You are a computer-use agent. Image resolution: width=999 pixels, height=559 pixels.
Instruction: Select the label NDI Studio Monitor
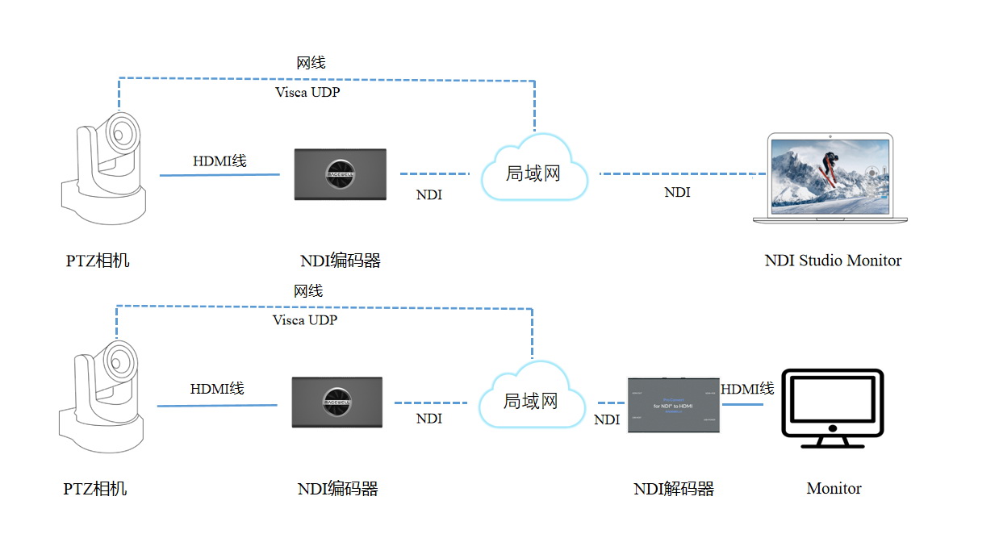pos(833,261)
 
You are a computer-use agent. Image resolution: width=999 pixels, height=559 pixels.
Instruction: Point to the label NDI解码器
pos(674,489)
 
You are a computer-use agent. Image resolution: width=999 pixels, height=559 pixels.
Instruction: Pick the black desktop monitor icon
pos(834,408)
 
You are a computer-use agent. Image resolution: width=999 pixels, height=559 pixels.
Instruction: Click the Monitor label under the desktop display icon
pos(834,489)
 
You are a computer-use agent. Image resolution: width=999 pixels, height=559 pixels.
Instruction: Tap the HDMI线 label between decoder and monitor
pos(747,389)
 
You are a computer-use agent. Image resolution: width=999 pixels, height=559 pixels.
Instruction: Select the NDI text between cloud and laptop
pos(677,193)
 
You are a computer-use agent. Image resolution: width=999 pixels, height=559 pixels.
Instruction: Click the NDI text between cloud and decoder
pos(607,419)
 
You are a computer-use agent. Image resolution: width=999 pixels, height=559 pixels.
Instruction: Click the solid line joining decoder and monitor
pos(742,403)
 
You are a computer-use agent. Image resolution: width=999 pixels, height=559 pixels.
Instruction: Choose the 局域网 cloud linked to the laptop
pos(533,172)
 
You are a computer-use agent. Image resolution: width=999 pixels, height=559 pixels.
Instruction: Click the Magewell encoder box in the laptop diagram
pos(340,174)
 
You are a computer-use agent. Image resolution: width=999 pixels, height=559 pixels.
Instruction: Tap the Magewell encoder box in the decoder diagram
pos(336,403)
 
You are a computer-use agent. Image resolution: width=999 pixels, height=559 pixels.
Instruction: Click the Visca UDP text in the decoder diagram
pos(305,320)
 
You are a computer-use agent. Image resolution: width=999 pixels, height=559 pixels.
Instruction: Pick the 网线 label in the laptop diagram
pos(311,62)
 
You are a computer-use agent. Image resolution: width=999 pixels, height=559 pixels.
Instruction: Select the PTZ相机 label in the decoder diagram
pos(95,489)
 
